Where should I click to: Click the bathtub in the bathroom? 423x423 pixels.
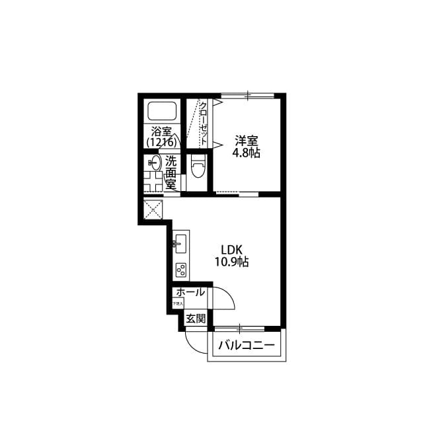(161, 112)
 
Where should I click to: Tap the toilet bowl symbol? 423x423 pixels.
(197, 167)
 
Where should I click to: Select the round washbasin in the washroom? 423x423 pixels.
(154, 162)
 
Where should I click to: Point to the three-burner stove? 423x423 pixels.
(180, 270)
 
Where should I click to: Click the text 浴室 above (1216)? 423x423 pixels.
(161, 130)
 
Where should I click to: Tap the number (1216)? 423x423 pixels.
(161, 141)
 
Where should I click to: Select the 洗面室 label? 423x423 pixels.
(171, 172)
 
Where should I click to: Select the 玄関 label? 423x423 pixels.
(195, 319)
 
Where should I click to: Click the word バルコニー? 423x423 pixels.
(245, 344)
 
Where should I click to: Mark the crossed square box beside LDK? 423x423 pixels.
(153, 211)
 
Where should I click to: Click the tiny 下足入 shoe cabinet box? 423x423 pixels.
(178, 303)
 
